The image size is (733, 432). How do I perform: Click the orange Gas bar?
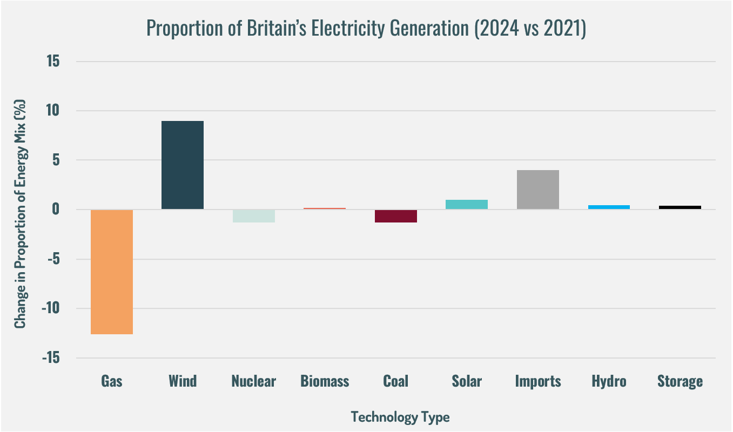[112, 272]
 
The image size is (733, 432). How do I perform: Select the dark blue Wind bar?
[183, 165]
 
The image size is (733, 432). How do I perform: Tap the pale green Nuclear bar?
[253, 216]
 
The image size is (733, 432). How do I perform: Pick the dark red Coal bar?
[395, 216]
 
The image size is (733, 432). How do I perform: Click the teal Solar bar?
[467, 205]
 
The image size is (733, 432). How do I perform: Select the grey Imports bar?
[537, 190]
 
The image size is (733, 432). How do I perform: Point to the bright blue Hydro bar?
[609, 207]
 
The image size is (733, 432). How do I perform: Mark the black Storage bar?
[680, 207]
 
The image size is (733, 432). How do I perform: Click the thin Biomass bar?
[325, 208]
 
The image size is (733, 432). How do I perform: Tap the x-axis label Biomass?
[325, 382]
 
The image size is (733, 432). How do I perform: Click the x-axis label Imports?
[537, 382]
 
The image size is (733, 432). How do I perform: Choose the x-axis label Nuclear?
[253, 382]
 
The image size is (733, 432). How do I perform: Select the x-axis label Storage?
[680, 382]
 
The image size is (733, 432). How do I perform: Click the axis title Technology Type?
[400, 417]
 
